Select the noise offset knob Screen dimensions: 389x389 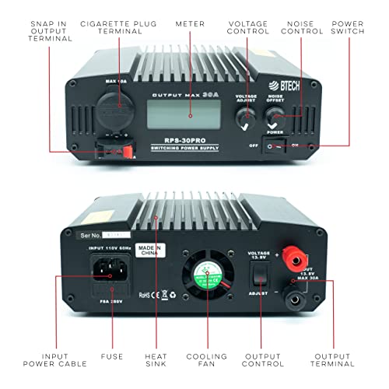277,118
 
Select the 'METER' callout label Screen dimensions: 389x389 191,24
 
